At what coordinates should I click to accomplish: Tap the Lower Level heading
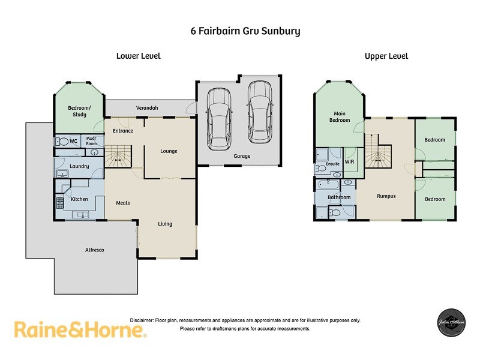138,56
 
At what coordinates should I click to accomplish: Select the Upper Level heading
386,56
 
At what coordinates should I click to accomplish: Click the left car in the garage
217,116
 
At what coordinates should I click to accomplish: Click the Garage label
242,156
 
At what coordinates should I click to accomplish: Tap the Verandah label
147,107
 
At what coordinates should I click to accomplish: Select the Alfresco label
94,250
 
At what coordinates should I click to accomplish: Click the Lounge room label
169,151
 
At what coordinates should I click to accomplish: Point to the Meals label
123,203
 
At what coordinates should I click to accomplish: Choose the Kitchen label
80,199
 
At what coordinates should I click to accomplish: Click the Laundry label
80,166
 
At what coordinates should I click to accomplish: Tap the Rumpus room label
385,196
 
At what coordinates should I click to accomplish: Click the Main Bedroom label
339,116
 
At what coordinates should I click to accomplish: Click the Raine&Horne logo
80,329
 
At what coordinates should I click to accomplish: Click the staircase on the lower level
118,155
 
